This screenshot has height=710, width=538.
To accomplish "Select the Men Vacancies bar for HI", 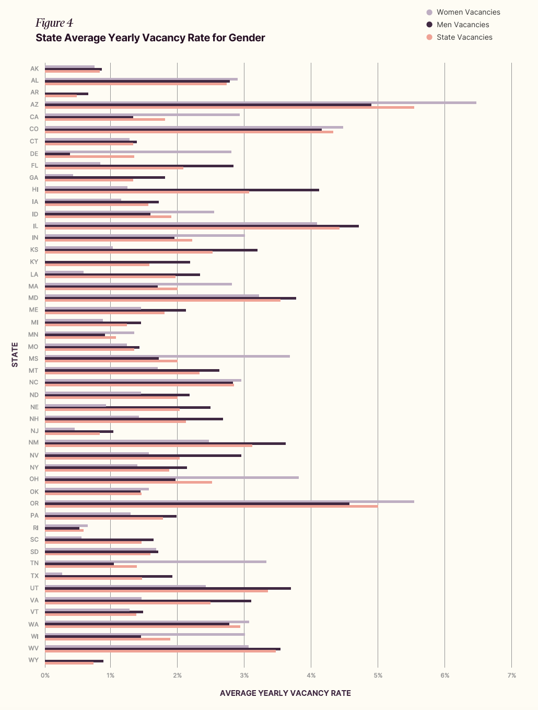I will click(x=182, y=190).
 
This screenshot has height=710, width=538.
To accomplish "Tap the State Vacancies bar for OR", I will click(x=211, y=506).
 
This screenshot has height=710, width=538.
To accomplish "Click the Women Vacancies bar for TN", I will click(x=156, y=562).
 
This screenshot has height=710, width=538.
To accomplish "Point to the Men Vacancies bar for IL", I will click(x=202, y=226).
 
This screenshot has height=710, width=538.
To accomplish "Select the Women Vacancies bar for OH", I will click(x=172, y=477).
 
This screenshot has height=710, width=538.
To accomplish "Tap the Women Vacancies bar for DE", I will click(x=138, y=152).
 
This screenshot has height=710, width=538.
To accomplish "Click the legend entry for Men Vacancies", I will click(x=463, y=25).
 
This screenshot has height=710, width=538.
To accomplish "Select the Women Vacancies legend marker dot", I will click(x=429, y=12).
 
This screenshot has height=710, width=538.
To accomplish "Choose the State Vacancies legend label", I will click(x=464, y=37).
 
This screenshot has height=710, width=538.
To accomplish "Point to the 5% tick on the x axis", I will click(x=378, y=675).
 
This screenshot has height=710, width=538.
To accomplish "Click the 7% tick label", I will click(x=511, y=675).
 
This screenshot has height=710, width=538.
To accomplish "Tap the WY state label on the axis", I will click(x=33, y=660).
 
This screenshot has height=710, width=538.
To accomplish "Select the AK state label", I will click(x=34, y=68).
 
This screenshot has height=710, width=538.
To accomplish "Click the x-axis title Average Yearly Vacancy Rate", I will click(x=285, y=693).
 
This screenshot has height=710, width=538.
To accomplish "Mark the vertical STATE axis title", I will click(x=15, y=354).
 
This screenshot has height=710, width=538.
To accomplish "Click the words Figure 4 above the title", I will click(x=54, y=23).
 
